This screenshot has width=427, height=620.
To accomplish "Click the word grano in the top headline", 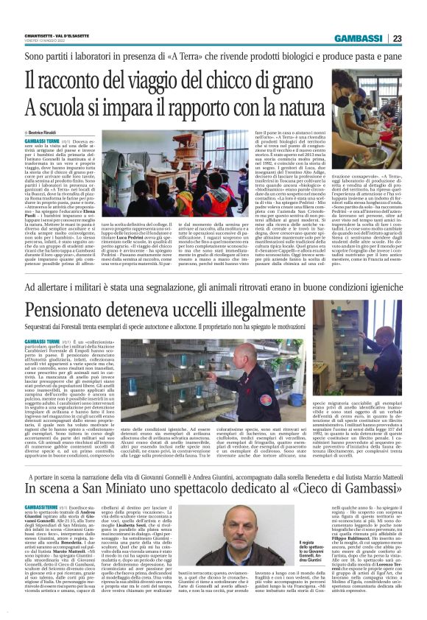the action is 286,76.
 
